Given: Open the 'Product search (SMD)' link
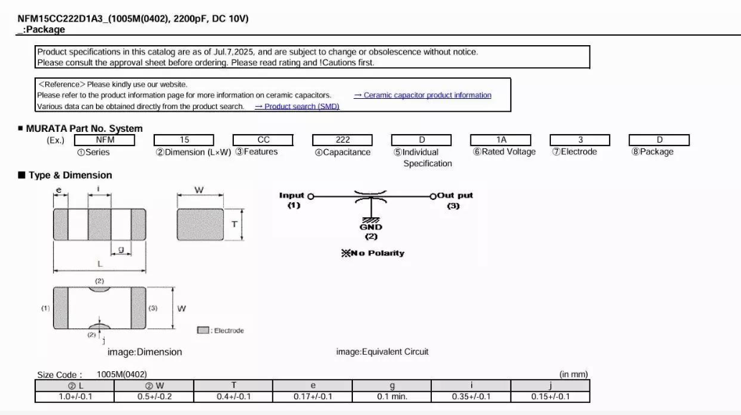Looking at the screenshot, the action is coord(297,107).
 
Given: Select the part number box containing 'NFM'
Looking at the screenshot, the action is coord(105,140).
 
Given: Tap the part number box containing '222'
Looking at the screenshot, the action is coord(343,140).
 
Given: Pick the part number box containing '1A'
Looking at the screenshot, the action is coord(501,140).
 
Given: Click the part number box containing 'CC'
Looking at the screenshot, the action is coord(263,140).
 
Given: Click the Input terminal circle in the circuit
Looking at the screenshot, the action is coord(311,196).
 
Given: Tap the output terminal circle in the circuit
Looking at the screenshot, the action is coord(433,196).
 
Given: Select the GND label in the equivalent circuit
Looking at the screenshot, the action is coord(371,227).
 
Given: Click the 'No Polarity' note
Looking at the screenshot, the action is coord(373,253).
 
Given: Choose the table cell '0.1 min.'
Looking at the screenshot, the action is coord(392,396).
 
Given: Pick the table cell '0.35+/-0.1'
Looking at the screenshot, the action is coord(471,396).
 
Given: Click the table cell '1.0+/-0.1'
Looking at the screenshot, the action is coord(75,396).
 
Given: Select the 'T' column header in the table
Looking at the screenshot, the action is coord(233,386).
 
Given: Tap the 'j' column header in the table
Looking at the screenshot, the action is coord(551,386).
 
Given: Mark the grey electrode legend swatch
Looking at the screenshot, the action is coord(203,330).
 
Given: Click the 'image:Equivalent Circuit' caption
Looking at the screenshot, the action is coord(382,352).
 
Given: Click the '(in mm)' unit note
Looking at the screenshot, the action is coord(574,374).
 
